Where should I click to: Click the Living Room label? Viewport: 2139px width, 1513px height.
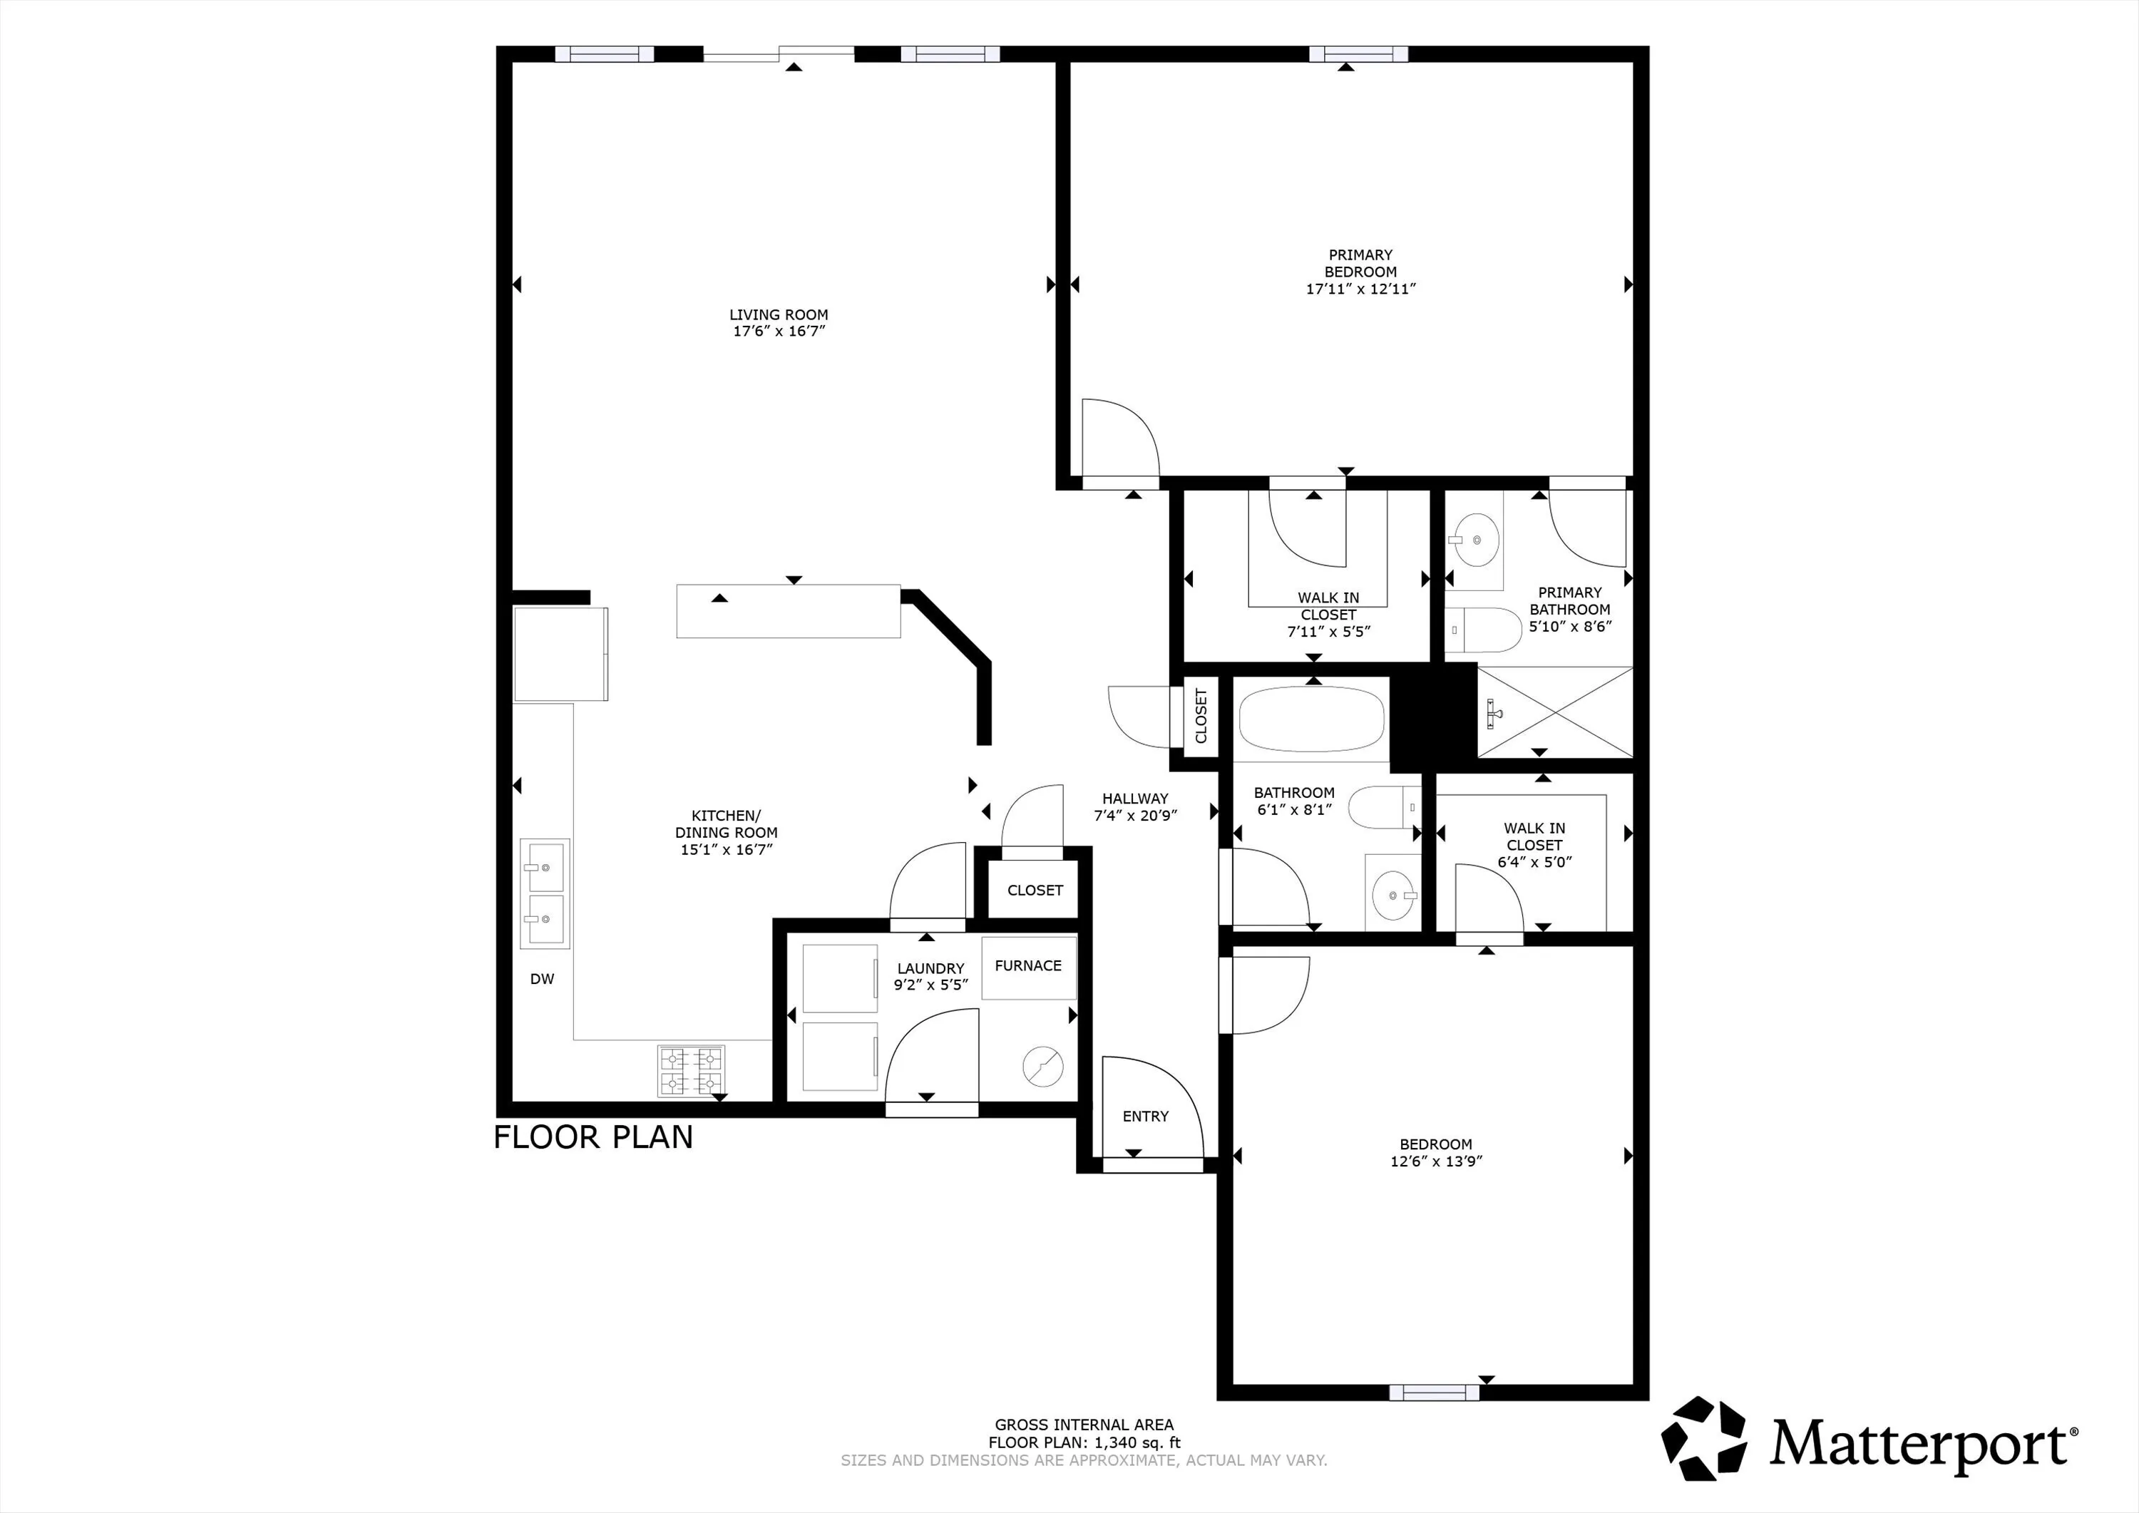(x=779, y=315)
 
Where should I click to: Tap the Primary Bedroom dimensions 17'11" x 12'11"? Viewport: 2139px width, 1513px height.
(x=1360, y=289)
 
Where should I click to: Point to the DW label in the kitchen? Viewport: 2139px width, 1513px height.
(x=542, y=979)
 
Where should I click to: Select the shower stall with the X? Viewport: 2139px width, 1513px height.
(x=1555, y=712)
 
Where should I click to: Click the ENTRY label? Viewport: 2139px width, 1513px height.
(x=1145, y=1116)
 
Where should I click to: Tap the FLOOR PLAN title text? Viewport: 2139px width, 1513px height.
(x=593, y=1137)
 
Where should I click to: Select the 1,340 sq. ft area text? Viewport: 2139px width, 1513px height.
(x=1137, y=1443)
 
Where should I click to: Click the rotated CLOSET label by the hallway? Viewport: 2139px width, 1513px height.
(x=1201, y=716)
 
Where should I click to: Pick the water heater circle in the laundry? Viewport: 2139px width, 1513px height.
(x=1042, y=1067)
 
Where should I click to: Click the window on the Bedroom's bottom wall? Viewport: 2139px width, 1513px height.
(x=1434, y=1392)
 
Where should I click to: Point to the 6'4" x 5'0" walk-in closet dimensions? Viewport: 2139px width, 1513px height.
(x=1534, y=862)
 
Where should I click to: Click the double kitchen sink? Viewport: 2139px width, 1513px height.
(x=544, y=893)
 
